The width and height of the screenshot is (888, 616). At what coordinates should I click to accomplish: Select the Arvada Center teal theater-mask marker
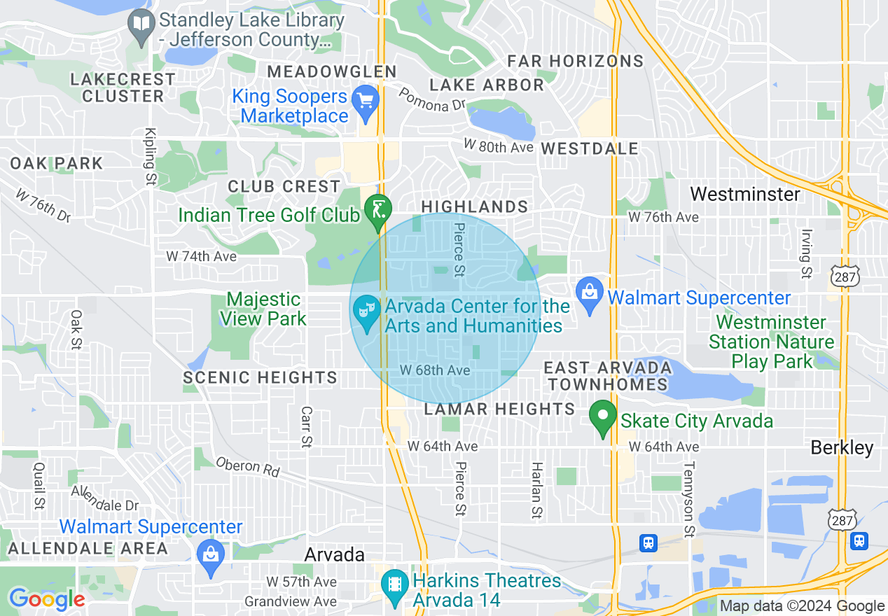pos(366,311)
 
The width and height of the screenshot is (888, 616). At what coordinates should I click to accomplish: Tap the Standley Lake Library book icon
pos(142,26)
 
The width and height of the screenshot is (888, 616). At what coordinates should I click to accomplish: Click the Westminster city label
pos(744,194)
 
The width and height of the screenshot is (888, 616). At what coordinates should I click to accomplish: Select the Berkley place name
pos(842,448)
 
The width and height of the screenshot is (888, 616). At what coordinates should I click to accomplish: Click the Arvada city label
pos(334,554)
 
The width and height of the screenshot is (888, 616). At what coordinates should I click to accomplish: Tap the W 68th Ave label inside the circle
pos(434,370)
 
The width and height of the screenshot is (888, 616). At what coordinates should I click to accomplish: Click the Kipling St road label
pos(150,157)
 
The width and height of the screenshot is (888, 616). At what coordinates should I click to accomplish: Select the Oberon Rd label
pos(248,467)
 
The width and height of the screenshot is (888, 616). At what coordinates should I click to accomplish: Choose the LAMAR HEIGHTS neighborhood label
pos(499,409)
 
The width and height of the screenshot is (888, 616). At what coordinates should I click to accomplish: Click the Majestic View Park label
pos(263,309)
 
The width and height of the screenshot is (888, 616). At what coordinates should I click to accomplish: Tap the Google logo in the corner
pos(46,599)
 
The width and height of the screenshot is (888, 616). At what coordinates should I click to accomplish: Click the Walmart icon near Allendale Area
pos(209,554)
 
